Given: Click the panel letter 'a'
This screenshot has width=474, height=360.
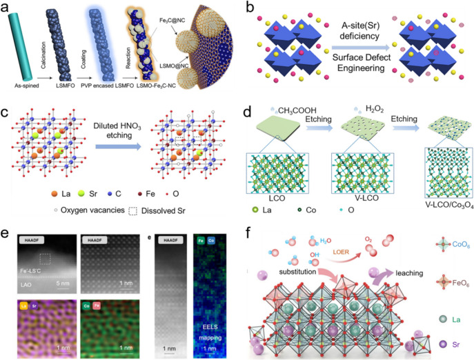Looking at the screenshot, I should coord(5,8).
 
